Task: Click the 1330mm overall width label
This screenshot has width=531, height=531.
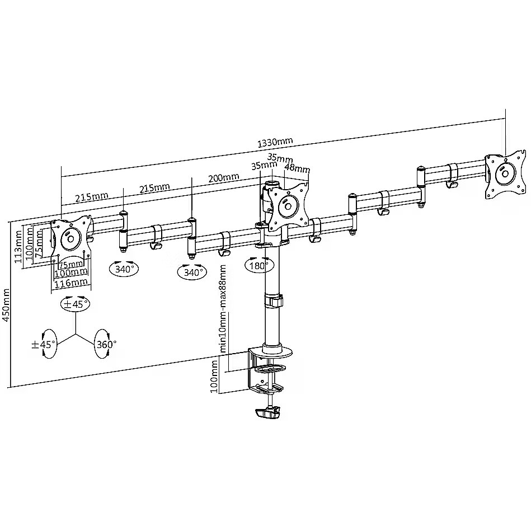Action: pos(275,142)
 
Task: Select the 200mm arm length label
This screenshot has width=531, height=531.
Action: pos(223,177)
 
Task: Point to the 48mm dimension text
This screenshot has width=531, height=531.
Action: pos(297,167)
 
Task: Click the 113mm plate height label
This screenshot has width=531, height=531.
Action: pos(19,246)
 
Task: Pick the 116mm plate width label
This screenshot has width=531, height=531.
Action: pos(71,283)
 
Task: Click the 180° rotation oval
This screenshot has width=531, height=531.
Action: pos(259,265)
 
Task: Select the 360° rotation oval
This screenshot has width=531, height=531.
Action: pos(106,344)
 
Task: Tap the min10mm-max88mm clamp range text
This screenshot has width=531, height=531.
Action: pos(223,309)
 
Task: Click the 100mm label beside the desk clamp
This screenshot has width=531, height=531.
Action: pos(214,376)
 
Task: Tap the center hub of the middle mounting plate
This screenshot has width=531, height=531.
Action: pos(288,206)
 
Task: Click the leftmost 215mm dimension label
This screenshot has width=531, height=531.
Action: pos(91,197)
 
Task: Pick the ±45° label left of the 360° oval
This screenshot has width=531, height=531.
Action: pos(43,345)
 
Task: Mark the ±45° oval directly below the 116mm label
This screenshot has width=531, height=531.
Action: pos(75,303)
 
